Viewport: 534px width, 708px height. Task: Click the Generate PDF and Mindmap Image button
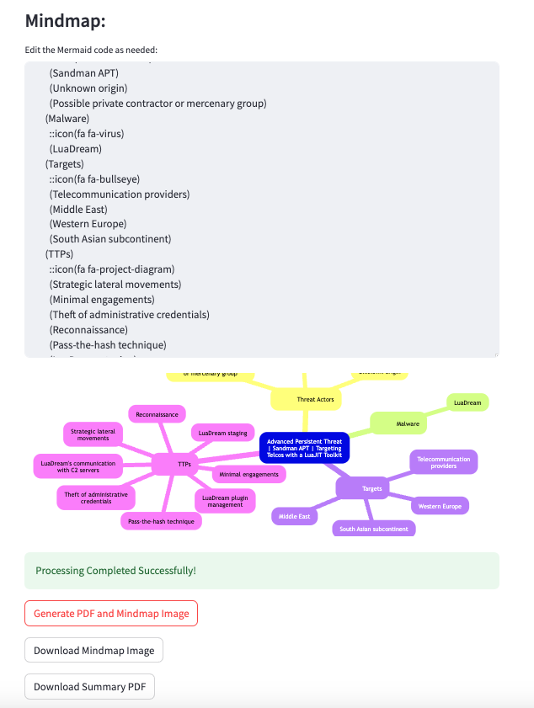click(x=111, y=614)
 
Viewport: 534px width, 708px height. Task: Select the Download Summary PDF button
click(x=89, y=687)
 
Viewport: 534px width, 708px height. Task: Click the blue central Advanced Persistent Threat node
click(x=304, y=448)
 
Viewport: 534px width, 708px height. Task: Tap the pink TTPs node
click(x=183, y=464)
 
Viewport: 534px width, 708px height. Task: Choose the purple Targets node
click(x=371, y=488)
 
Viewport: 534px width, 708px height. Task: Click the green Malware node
click(x=408, y=424)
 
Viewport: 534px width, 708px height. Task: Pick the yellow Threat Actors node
click(x=316, y=399)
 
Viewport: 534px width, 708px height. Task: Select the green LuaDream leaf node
click(x=467, y=403)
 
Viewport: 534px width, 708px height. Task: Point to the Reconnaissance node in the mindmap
click(x=157, y=414)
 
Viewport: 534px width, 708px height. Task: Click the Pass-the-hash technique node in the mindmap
click(x=160, y=522)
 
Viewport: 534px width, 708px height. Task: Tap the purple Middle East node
click(x=295, y=516)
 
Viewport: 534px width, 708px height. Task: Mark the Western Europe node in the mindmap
click(x=439, y=506)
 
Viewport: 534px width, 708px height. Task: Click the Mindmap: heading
click(x=66, y=22)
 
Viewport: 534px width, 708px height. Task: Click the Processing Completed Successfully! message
click(x=115, y=571)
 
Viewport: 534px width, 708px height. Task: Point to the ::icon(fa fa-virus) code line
click(x=87, y=134)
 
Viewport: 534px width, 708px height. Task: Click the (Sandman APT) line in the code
click(x=89, y=73)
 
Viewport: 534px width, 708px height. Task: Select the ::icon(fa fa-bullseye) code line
click(x=94, y=179)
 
